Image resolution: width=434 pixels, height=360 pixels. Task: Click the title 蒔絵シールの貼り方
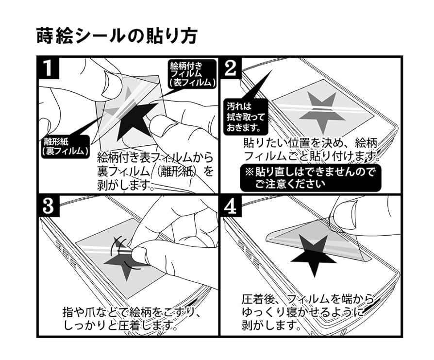(x=117, y=35)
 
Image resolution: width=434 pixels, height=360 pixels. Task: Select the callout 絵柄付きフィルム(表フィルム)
(x=191, y=73)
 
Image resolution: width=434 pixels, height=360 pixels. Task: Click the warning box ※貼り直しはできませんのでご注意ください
(x=311, y=177)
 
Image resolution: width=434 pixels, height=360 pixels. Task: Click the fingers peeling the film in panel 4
(x=350, y=214)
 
